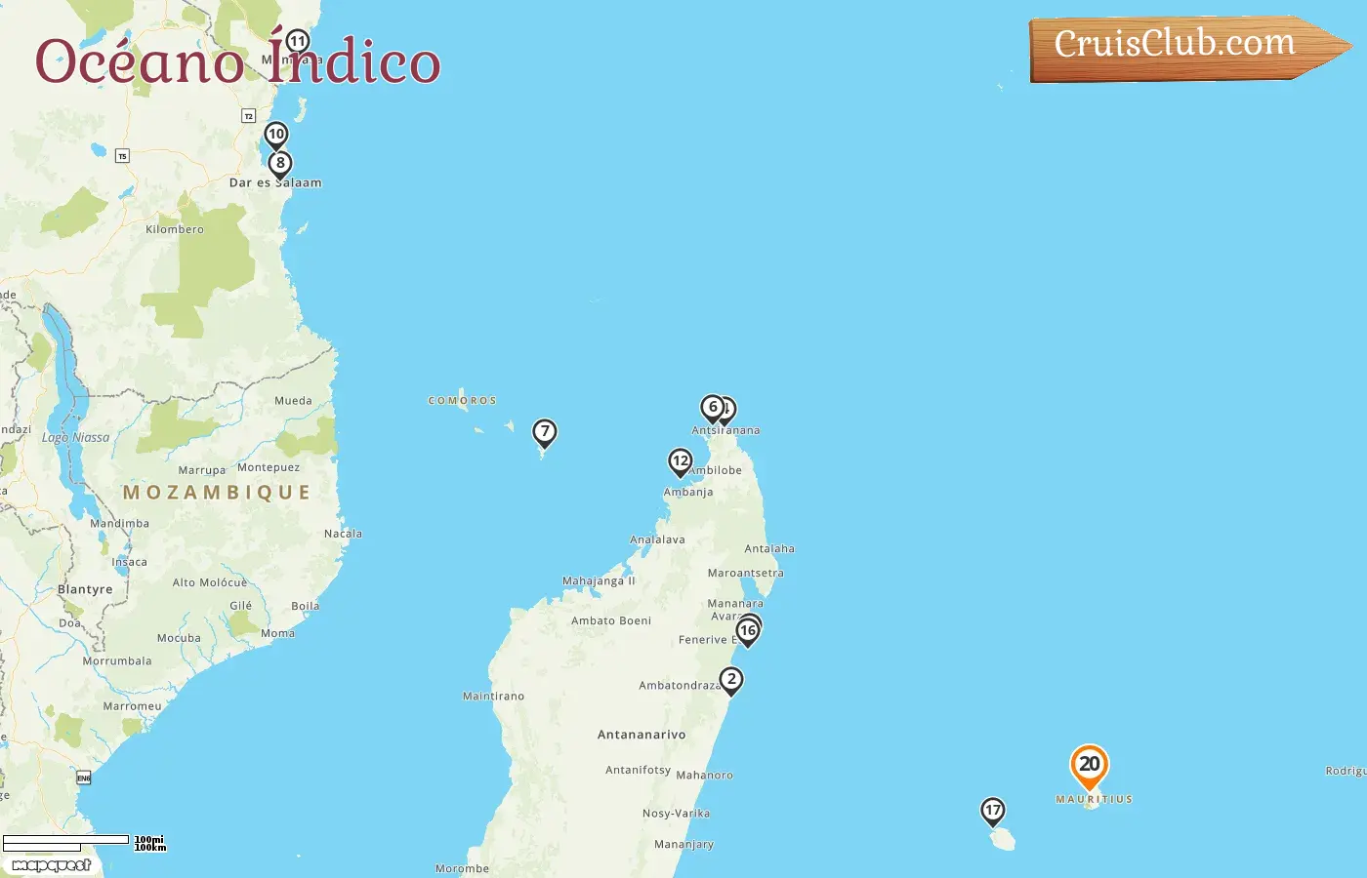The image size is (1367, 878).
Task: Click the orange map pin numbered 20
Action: point(1089,765)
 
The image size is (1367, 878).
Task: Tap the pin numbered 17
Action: point(993,811)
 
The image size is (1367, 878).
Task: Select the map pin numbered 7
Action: point(545,432)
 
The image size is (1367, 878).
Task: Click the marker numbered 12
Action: point(681,461)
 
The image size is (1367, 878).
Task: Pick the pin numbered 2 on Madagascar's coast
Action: point(731,680)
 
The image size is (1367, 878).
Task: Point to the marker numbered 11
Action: point(298,42)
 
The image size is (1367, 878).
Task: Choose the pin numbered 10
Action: point(276,135)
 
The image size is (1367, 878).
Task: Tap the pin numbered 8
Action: point(280,164)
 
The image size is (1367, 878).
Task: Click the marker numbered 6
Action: point(713,408)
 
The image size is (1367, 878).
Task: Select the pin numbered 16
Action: point(748,631)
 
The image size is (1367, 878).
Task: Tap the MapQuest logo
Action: point(51,865)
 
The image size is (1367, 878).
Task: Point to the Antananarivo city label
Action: point(642,735)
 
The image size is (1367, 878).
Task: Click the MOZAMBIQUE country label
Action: point(217,493)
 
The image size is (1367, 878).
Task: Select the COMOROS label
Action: point(462,401)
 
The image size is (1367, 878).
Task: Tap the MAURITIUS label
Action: point(1094,799)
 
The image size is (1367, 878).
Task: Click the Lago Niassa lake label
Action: point(76,438)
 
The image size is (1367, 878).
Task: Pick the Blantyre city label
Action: point(85,589)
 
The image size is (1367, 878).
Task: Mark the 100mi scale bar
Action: point(65,839)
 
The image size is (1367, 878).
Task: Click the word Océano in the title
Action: point(139,62)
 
